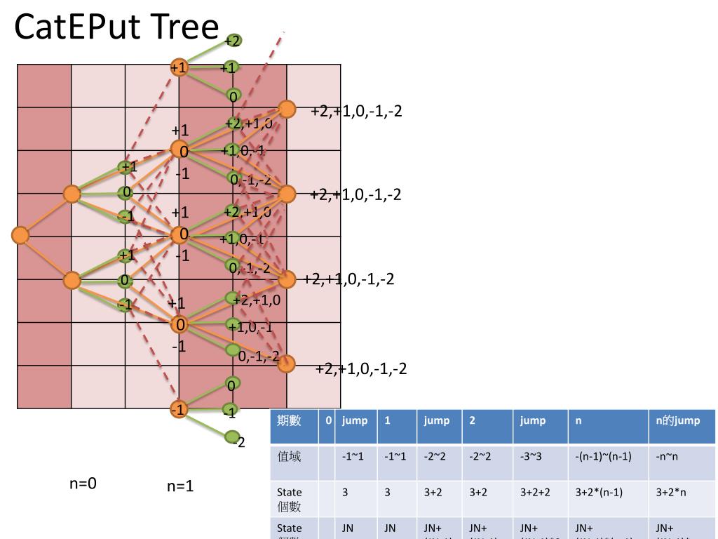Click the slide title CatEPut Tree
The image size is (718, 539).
[x=116, y=27]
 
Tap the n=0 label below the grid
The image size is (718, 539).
[x=83, y=483]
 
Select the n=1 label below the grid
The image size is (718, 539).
[x=180, y=486]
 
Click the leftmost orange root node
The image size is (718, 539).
[x=20, y=235]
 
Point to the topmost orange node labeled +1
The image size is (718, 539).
[x=179, y=67]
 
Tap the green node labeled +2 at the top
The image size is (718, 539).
[x=233, y=41]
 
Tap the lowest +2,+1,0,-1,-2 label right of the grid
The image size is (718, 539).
[x=361, y=368]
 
